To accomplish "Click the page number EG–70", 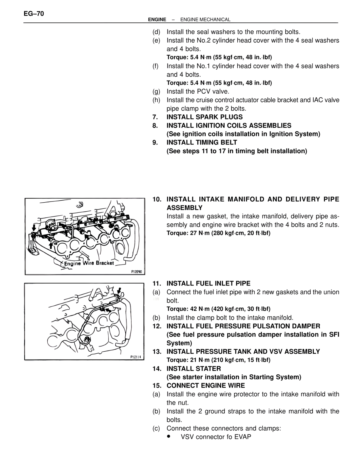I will coord(34,14).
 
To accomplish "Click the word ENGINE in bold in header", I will coord(157,20).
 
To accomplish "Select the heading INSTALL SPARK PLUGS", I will coord(204,117).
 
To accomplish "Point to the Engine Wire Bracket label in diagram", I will coord(89,263).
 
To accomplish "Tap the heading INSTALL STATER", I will coord(193,369).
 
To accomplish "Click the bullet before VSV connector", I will coord(169,436).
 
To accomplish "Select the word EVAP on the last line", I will coord(243,437).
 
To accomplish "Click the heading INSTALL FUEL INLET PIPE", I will coord(208,284).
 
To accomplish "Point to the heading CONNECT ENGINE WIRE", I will coord(206,385).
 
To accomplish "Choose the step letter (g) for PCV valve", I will coord(156,91).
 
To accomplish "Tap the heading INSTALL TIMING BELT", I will coord(202,142).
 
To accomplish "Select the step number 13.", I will coord(157,352).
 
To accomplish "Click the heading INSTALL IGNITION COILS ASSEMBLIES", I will coord(229,125).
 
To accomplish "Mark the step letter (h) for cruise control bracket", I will coord(156,100).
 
